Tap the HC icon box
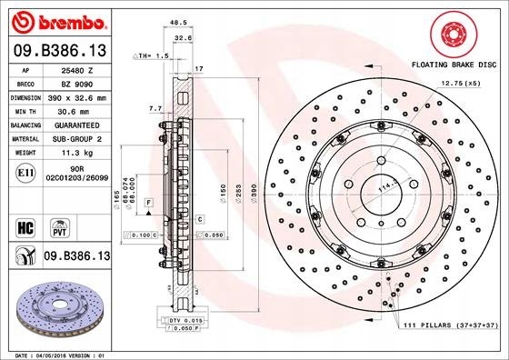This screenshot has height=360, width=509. click(x=26, y=225)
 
